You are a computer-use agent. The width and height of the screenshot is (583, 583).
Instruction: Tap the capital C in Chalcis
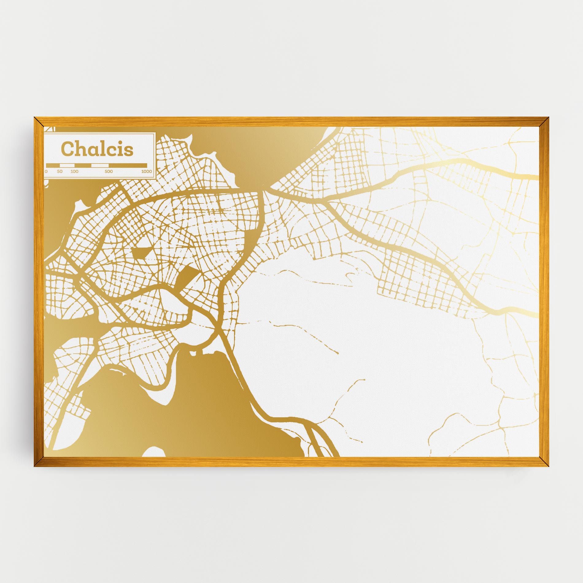click(x=67, y=149)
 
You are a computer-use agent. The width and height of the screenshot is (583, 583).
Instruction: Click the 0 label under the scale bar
click(x=46, y=172)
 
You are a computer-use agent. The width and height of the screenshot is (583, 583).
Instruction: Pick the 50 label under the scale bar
click(x=60, y=172)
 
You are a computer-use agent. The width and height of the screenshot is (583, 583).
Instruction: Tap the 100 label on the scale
click(x=74, y=172)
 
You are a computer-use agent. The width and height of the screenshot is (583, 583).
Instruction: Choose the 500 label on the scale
click(x=109, y=172)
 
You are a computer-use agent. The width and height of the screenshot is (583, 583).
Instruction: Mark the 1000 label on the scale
click(x=147, y=172)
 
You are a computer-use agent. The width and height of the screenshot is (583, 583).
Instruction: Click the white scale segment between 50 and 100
click(x=67, y=165)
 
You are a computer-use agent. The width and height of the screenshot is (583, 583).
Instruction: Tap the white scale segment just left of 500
click(x=98, y=165)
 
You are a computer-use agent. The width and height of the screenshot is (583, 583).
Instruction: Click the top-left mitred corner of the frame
click(x=39, y=122)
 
